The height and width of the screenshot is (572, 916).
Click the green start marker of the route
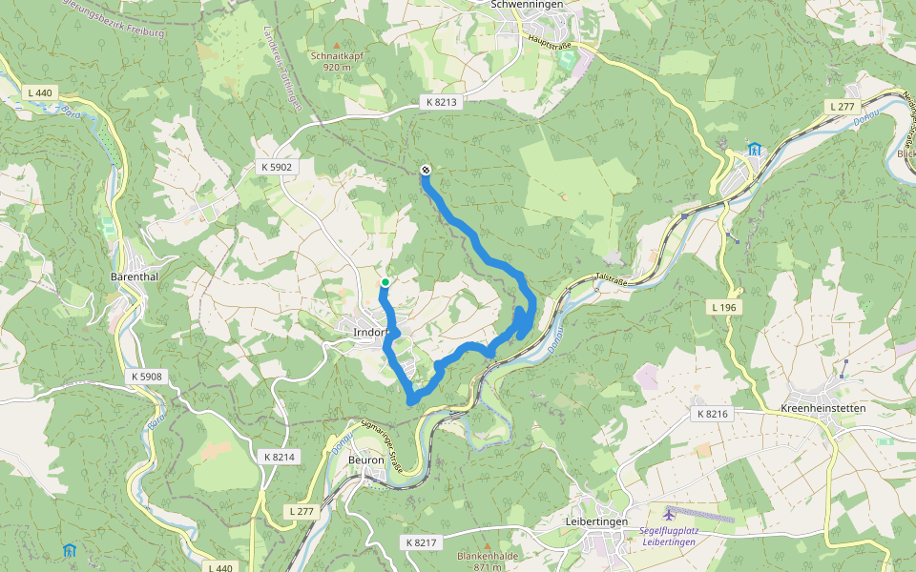pos(385,282)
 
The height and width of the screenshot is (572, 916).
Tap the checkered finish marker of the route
pos(425,171)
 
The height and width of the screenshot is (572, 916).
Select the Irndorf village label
pos(370,332)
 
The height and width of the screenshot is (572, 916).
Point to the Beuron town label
pos(365,460)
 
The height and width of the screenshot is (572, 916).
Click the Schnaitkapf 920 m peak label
pos(337,61)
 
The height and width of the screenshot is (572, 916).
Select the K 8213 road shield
pos(442,101)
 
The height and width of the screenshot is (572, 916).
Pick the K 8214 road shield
pos(280,457)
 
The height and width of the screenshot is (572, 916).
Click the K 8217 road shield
pos(420,542)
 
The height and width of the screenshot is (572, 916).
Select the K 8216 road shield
pos(712,414)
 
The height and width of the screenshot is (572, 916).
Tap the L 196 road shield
pos(725,307)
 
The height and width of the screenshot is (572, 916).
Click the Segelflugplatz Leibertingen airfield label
pos(667,535)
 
